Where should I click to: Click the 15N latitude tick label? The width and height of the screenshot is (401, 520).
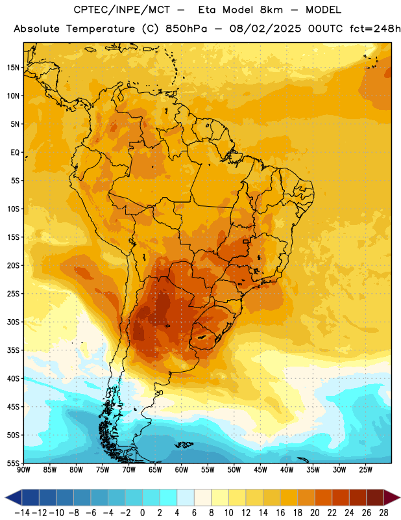tap(13, 68)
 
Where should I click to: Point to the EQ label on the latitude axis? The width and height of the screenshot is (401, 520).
tap(15, 153)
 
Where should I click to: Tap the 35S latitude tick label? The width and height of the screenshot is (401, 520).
tap(13, 350)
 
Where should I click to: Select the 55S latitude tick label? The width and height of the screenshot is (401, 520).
tap(13, 463)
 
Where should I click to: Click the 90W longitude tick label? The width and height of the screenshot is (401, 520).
tap(23, 470)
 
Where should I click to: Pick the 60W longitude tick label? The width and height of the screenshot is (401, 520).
tap(182, 470)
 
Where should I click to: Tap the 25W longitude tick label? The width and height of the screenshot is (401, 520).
tap(366, 470)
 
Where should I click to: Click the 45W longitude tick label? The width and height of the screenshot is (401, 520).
tap(261, 470)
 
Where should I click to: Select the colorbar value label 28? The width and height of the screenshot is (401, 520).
tap(383, 513)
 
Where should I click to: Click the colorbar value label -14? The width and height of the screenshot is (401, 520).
tap(22, 513)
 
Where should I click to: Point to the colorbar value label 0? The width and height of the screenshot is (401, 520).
tap(142, 513)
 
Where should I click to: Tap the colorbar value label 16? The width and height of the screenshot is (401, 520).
tap(280, 513)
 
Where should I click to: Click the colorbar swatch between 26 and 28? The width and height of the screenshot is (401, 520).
tap(375, 497)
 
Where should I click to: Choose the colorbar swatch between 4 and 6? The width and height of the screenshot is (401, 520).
tap(186, 497)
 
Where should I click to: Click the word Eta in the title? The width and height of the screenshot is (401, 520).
tap(207, 10)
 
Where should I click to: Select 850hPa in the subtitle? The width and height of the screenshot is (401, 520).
tap(186, 29)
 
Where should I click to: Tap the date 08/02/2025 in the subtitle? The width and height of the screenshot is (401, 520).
tap(265, 29)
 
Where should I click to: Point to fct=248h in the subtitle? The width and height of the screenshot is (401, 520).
tap(375, 29)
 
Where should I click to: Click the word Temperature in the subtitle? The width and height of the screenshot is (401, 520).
tap(101, 29)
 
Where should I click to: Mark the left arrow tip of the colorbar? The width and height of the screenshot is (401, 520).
tap(5, 497)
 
